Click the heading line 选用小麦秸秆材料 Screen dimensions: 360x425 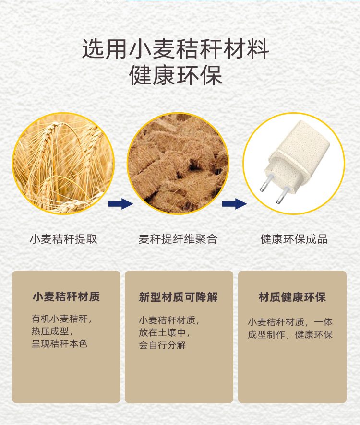[x=176, y=49]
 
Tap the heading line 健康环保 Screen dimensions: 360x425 [x=176, y=75]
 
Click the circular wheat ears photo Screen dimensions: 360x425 [x=63, y=164]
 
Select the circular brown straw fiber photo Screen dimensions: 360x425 [x=178, y=164]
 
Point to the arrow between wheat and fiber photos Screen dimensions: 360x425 [x=120, y=204]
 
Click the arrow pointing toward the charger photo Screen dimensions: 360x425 [x=234, y=204]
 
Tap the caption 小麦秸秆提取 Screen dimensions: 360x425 [x=63, y=239]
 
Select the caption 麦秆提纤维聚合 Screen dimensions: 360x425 [x=178, y=239]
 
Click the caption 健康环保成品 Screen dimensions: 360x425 [x=294, y=239]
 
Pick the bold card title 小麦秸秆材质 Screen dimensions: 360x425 [x=66, y=296]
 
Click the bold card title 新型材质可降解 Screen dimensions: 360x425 [x=178, y=297]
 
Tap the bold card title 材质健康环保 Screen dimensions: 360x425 [x=292, y=297]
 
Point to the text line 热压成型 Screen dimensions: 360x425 [x=52, y=331]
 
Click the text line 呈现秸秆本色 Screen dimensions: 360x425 [x=60, y=343]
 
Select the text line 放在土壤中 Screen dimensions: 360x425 [x=164, y=332]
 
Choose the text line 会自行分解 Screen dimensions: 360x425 [x=162, y=345]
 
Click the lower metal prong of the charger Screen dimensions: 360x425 [x=283, y=195]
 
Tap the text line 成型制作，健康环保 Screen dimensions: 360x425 [x=290, y=335]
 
